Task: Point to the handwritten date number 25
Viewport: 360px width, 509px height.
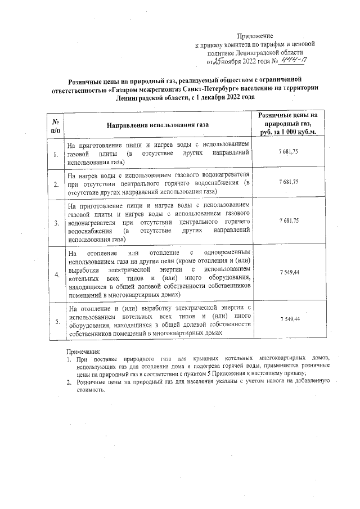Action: (217, 60)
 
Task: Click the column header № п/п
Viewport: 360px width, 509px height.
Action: (56, 125)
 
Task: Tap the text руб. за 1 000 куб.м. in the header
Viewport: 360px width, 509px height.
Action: (289, 133)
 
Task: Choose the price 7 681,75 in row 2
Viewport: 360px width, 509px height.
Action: (289, 182)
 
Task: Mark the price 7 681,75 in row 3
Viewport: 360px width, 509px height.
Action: (289, 221)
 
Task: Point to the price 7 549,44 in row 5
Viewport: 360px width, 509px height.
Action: (289, 319)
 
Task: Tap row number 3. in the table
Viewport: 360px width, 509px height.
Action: (56, 223)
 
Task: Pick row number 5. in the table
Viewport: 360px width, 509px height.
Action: (56, 321)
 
